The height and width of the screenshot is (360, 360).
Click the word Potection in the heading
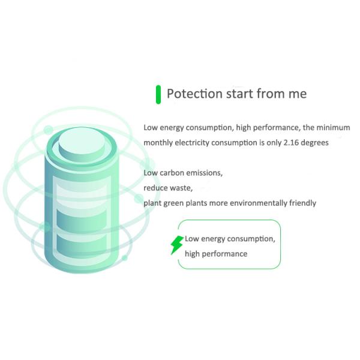[194, 94]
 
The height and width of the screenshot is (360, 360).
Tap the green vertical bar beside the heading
[158, 94]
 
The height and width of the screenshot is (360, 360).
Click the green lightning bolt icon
[177, 245]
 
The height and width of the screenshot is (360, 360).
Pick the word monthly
[158, 143]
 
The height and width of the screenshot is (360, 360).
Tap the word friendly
[302, 203]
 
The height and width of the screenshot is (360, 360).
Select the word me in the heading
[298, 94]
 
